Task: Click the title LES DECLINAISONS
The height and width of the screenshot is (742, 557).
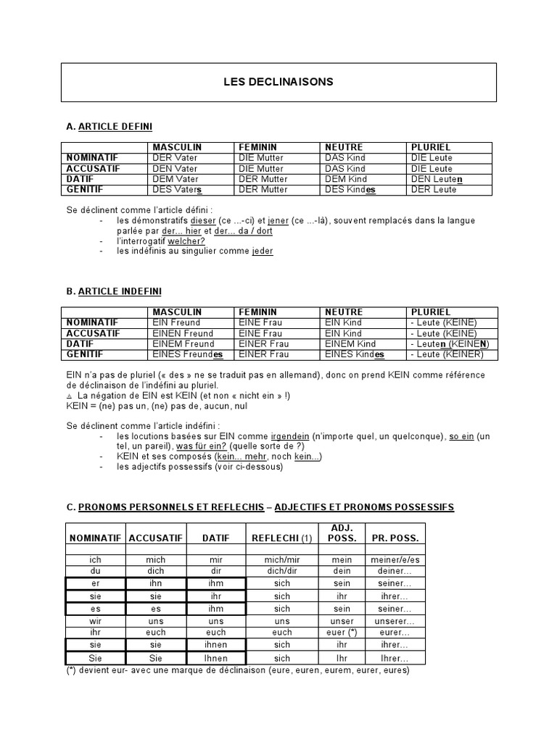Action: [x=278, y=82]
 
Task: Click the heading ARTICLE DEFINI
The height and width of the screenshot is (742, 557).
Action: [x=115, y=127]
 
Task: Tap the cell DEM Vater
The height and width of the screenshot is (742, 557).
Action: [x=175, y=179]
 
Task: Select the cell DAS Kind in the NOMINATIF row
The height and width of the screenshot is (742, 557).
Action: [x=345, y=158]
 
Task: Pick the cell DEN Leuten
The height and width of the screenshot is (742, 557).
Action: [x=437, y=179]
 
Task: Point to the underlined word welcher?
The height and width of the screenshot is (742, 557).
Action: [x=186, y=241]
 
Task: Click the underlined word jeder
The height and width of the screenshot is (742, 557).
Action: [x=263, y=251]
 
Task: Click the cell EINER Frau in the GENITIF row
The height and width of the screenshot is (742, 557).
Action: [x=263, y=354]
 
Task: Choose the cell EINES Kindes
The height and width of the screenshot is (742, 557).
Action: [x=355, y=354]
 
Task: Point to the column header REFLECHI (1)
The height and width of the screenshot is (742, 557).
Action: [x=281, y=538]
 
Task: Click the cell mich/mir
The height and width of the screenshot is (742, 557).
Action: [x=282, y=560]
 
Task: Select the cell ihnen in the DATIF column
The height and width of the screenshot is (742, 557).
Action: [x=216, y=644]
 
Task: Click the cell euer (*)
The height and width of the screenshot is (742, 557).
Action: [x=342, y=633]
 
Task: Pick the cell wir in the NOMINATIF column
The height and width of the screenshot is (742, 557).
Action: [x=95, y=622]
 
